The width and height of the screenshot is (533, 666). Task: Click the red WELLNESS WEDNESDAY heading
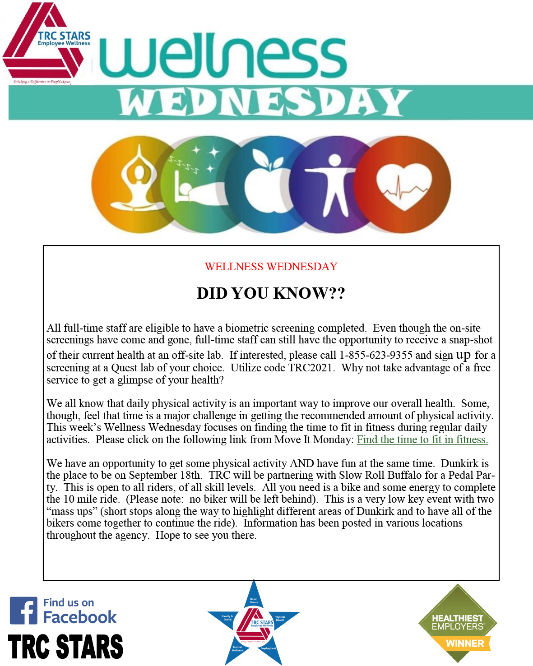coord(271,267)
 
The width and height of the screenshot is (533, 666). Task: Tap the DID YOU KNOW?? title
coord(271,293)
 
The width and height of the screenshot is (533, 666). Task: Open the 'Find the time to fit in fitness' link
coord(422,439)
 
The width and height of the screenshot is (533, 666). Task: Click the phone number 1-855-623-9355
coord(376,356)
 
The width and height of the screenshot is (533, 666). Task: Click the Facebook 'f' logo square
coord(23,611)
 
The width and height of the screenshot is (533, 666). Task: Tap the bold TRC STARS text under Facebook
coord(65,647)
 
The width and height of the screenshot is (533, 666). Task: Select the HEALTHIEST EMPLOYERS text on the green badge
coord(457,622)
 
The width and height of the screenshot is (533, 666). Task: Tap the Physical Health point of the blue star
coord(282,618)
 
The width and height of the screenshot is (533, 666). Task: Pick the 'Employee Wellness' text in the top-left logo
coord(64,43)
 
